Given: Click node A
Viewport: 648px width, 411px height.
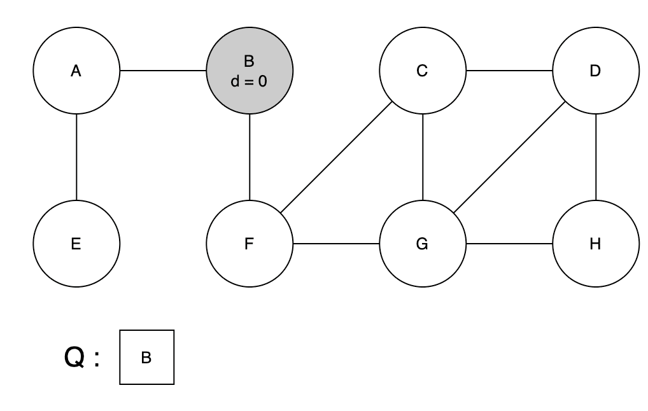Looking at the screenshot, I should coord(76,71).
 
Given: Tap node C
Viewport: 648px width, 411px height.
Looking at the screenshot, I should coord(423,71).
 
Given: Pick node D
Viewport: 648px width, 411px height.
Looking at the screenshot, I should coord(595,71).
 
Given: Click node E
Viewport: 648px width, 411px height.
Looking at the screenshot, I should coord(76,244).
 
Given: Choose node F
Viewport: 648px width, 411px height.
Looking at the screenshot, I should coord(250,244).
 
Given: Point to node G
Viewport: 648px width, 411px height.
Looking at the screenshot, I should coord(423,244).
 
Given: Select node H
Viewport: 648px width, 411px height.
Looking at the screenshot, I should coord(595,244).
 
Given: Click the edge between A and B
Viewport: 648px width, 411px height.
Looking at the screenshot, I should coord(163,71).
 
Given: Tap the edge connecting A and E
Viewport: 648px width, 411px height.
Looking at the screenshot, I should coord(76,157).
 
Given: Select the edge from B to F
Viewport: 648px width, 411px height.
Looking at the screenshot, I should coord(250,157).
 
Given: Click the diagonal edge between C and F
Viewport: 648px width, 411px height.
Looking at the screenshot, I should coord(336,157).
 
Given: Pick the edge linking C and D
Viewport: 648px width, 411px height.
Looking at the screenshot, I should coord(509,71).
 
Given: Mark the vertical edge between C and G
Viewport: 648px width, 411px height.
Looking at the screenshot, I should coord(423,157).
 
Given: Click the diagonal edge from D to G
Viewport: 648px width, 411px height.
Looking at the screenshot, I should coord(509,157).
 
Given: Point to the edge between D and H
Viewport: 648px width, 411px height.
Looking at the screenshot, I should coord(595,157).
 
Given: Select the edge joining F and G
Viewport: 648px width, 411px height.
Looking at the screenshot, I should coord(336,244).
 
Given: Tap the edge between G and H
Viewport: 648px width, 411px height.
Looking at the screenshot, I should coord(509,244).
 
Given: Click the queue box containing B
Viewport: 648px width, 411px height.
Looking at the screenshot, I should coord(146,358).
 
